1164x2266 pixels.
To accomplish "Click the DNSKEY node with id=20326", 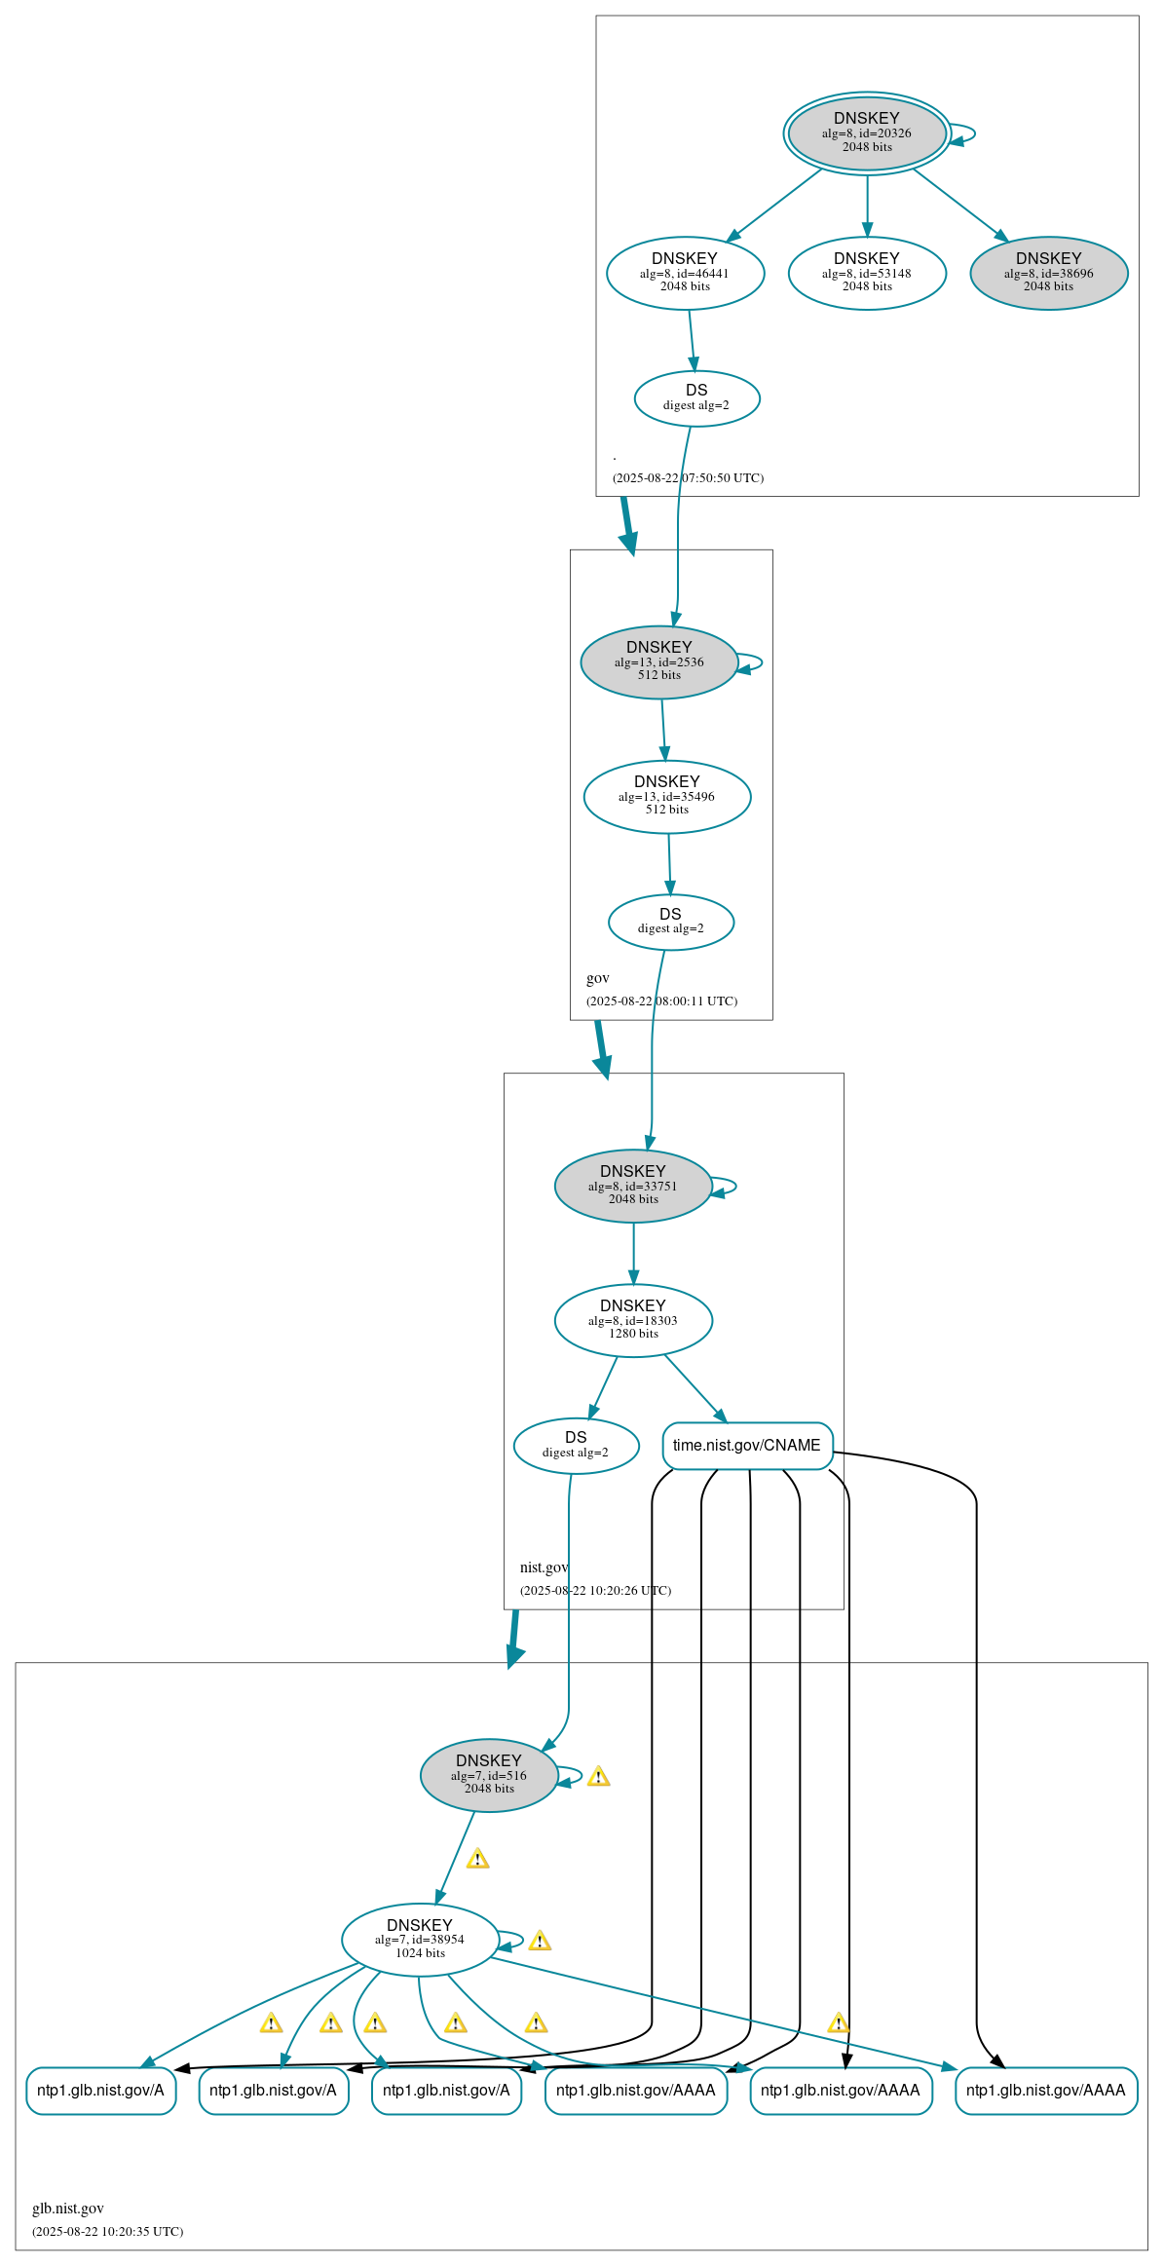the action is point(867,132).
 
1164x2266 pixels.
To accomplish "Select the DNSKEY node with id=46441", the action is point(685,273).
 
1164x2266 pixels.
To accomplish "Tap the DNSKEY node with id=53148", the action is point(867,273).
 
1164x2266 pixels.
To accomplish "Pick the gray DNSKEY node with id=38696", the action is point(1049,273).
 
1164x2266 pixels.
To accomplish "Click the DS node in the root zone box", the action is point(696,398).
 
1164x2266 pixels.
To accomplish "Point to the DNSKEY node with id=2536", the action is point(659,662).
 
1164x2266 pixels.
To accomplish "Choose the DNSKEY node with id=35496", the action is point(667,797).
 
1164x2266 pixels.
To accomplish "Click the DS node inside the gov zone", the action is point(671,922).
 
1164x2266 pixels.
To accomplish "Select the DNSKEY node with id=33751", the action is point(633,1187).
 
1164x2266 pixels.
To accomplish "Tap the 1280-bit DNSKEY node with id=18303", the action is point(633,1321).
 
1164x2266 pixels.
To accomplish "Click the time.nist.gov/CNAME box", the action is point(747,1446).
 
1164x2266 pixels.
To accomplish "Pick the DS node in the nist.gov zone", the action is point(576,1446).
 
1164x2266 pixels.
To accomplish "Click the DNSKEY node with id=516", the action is point(489,1775).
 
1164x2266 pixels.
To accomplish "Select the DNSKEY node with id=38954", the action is point(420,1940).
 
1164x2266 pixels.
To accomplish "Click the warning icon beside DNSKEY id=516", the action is point(599,1776).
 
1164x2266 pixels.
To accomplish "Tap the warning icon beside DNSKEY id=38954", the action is point(540,1941).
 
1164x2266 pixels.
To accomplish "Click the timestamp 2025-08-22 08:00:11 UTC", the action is point(662,1001).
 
